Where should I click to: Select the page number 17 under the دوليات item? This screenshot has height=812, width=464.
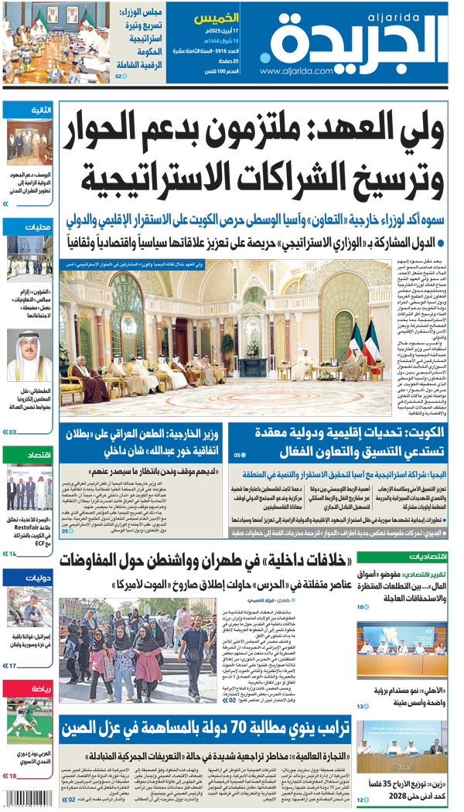(x=12, y=665)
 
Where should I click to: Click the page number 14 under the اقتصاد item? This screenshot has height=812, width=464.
(x=12, y=554)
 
